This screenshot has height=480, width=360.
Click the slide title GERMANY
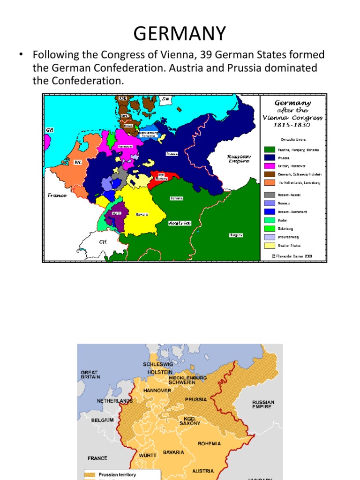180,34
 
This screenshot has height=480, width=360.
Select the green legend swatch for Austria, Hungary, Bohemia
270,150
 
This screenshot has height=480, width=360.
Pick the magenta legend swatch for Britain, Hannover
270,166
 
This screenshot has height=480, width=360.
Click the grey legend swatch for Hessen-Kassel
270,195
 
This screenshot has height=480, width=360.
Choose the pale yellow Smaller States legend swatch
270,245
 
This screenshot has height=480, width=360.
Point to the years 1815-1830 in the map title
292,126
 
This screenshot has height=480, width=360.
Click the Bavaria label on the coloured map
142,214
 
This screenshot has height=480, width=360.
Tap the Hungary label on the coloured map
235,235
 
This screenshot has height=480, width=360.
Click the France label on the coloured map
57,195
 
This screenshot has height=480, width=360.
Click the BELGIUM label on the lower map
103,420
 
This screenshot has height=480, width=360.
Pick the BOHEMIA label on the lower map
209,443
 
